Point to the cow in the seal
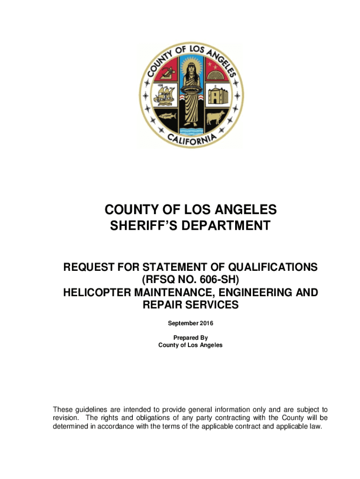[x=215, y=116]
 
